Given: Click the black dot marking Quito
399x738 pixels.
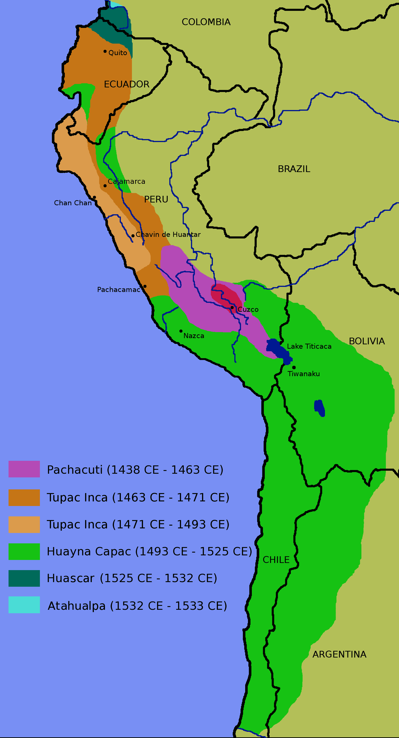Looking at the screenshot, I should click(105, 51).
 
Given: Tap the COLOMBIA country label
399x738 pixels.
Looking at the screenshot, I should click(206, 22).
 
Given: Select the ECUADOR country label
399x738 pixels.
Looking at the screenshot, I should click(126, 84).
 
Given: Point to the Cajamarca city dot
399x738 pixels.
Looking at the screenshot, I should click(105, 186).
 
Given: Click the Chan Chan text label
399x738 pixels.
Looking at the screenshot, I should click(73, 203).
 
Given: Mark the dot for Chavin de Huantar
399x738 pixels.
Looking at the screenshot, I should click(133, 236).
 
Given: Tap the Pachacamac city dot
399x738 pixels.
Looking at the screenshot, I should click(145, 286).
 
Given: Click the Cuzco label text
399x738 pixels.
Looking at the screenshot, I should click(248, 309).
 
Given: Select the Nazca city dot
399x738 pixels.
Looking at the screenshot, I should click(181, 331).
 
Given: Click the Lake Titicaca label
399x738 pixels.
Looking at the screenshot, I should click(309, 346).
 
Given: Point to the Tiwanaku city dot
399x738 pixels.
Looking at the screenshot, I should click(294, 367).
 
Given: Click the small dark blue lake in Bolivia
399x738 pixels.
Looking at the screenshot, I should click(319, 408).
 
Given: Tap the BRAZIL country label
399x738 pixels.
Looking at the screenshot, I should click(294, 169).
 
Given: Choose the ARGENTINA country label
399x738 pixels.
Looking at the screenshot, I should click(339, 654).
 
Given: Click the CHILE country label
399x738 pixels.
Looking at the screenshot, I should click(276, 559).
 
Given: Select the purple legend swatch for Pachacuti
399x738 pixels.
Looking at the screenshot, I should click(24, 469).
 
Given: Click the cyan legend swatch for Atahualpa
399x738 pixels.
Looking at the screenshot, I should click(24, 605).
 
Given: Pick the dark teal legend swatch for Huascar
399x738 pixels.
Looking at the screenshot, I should click(24, 578).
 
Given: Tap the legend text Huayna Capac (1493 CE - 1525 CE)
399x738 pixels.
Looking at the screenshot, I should click(149, 551).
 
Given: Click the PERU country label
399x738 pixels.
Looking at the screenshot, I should click(156, 199).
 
